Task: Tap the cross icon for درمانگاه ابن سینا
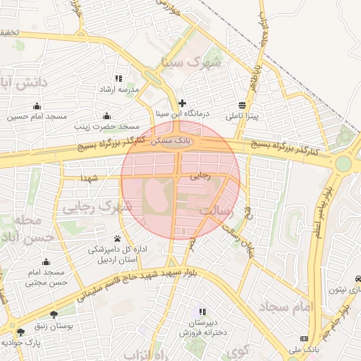tap(183, 103)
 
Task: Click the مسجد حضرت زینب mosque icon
tap(106, 116)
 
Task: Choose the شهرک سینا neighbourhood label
tap(191, 61)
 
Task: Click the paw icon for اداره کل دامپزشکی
tap(117, 238)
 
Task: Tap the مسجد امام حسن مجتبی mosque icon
tap(45, 261)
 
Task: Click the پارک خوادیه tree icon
tap(20, 331)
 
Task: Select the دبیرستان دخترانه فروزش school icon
tap(202, 312)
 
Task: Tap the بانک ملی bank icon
tap(304, 338)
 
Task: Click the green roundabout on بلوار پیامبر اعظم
tap(343, 164)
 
